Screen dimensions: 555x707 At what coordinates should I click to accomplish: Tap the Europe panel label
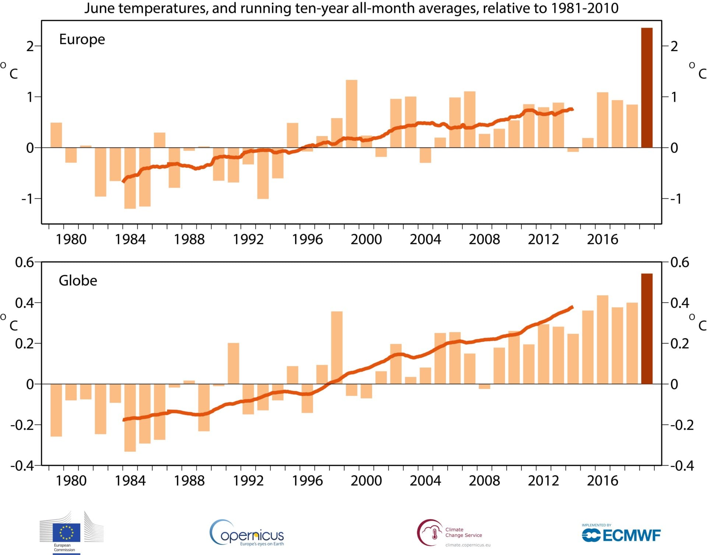click(82, 39)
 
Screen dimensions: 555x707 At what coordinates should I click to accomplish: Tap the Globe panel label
click(78, 281)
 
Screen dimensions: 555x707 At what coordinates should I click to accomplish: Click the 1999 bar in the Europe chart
click(351, 114)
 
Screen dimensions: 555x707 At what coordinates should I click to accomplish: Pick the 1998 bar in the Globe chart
click(337, 348)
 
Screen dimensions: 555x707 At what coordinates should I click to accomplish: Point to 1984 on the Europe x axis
click(130, 240)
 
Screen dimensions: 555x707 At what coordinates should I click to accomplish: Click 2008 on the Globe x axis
click(484, 481)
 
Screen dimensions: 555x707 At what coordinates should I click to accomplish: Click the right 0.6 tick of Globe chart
click(680, 262)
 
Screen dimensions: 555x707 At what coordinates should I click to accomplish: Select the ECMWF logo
click(621, 535)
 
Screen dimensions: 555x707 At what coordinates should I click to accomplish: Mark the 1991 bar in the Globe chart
click(233, 363)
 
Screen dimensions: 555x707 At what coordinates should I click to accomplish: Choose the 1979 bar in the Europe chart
click(56, 135)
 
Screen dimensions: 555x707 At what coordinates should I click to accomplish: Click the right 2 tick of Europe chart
click(674, 46)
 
